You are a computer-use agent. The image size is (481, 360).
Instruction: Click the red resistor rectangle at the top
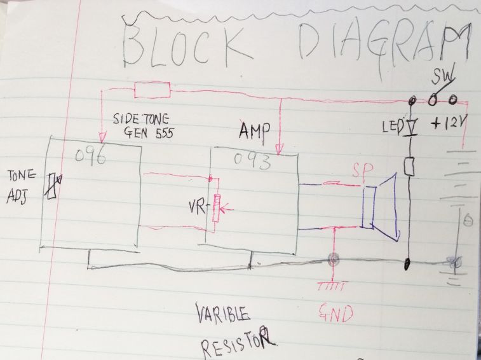(x=152, y=90)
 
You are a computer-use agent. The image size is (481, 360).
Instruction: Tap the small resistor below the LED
(x=410, y=167)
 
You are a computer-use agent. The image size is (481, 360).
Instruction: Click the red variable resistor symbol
(x=216, y=207)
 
